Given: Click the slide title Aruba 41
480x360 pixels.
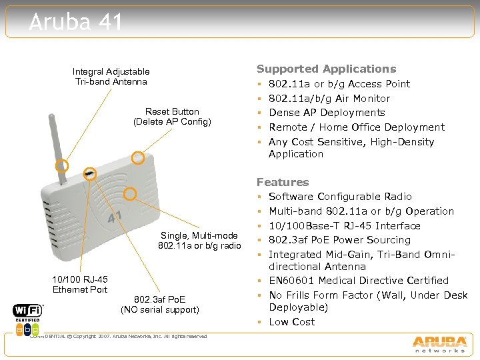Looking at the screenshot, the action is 76,22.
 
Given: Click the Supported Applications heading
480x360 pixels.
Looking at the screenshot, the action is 326,69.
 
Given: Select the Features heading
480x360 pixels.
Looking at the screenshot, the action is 283,182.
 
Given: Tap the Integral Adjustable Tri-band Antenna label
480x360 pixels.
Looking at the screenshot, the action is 111,76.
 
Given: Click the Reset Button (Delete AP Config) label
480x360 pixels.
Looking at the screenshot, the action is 172,116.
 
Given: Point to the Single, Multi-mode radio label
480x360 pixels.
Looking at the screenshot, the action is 199,241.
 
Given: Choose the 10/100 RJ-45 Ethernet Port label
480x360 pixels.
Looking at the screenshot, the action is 80,284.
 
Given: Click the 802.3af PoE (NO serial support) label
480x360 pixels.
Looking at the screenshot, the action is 160,304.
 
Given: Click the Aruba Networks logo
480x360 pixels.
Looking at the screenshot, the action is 439,343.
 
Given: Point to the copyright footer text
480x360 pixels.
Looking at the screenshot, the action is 120,336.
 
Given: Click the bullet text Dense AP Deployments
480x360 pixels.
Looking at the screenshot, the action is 327,113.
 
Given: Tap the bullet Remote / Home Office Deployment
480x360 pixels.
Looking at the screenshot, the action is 356,127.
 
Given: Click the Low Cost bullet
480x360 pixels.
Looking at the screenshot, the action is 291,322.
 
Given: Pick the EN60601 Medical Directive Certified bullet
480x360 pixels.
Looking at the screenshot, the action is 358,281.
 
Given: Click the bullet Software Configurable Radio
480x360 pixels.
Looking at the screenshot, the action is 340,197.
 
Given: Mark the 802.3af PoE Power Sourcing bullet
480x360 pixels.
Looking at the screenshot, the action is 339,240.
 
